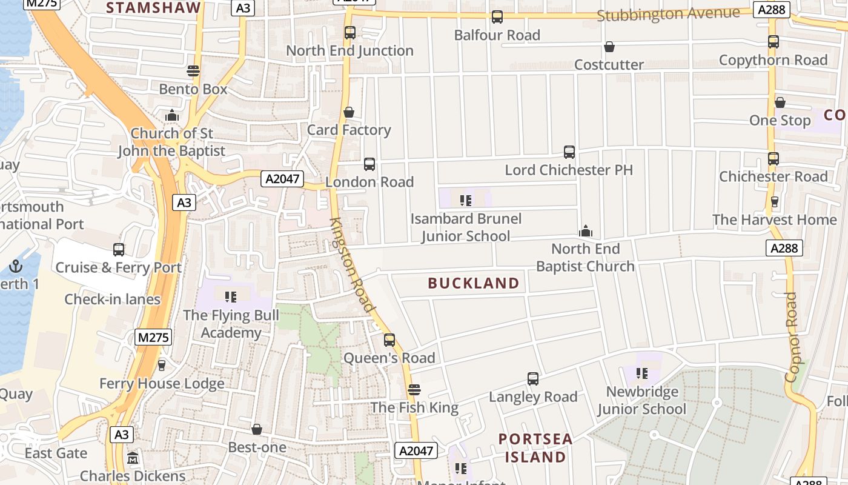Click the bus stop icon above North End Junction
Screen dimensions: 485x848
pos(350,33)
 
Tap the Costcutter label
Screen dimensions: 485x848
pos(609,64)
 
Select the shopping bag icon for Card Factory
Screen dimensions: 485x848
pos(348,112)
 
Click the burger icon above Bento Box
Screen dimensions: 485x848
pos(193,71)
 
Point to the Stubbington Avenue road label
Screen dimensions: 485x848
pos(668,13)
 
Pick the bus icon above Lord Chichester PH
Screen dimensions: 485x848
pos(569,152)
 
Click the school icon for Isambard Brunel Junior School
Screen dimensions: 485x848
pos(465,200)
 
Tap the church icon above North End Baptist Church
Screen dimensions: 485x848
pos(585,231)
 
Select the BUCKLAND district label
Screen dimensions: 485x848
pos(474,283)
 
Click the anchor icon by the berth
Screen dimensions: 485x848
pos(15,266)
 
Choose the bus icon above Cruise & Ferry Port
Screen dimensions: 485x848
pos(119,249)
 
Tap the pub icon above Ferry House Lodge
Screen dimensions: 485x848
pos(161,365)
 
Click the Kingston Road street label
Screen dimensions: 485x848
pos(352,265)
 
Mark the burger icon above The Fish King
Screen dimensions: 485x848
pos(414,389)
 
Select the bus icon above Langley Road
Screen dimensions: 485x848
pos(532,379)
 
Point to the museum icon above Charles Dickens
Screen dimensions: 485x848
pos(133,458)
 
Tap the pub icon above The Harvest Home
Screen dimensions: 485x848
pos(773,201)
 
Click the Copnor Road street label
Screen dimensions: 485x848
pos(791,337)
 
